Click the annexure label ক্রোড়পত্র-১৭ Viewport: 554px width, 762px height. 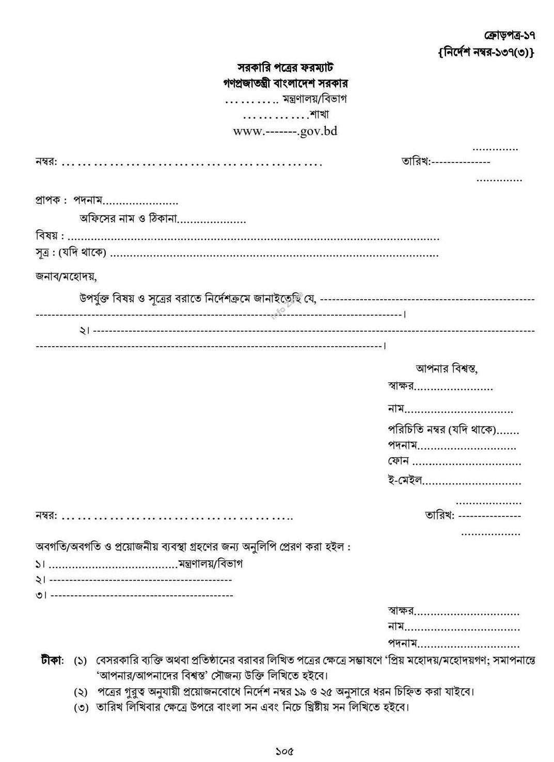pyautogui.click(x=509, y=36)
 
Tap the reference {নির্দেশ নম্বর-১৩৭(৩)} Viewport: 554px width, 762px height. pyautogui.click(x=485, y=52)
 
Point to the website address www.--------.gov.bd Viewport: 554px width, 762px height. pyautogui.click(x=285, y=131)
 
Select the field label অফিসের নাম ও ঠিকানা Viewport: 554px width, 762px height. pyautogui.click(x=128, y=219)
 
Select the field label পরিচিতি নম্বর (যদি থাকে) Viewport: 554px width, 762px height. pyautogui.click(x=441, y=429)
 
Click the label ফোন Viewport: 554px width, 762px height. pyautogui.click(x=398, y=461)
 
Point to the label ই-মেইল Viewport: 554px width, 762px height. pyautogui.click(x=405, y=480)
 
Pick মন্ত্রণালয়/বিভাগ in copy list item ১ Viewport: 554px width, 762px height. pyautogui.click(x=210, y=563)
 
